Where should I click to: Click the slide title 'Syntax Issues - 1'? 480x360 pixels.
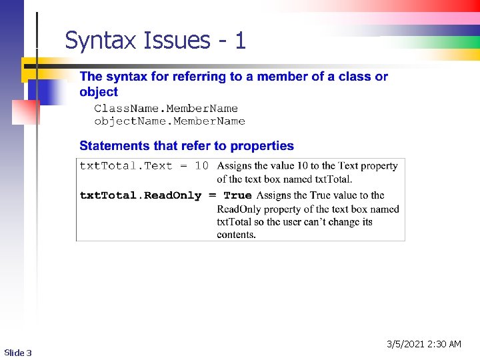tap(155, 41)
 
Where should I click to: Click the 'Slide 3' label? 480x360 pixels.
tap(18, 352)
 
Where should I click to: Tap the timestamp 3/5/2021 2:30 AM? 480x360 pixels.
tap(424, 344)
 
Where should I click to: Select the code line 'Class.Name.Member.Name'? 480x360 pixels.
tap(166, 108)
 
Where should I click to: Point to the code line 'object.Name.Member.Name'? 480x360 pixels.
tap(169, 121)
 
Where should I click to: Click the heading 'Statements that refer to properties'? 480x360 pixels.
tap(187, 145)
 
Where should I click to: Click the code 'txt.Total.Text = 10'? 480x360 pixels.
tap(144, 165)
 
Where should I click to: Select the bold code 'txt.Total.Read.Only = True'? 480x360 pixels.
tap(165, 195)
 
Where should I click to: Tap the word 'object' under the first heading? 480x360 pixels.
tap(98, 92)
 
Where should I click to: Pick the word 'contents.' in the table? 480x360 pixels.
tap(236, 235)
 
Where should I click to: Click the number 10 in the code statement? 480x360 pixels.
tap(201, 165)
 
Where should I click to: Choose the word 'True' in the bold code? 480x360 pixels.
tap(238, 195)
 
